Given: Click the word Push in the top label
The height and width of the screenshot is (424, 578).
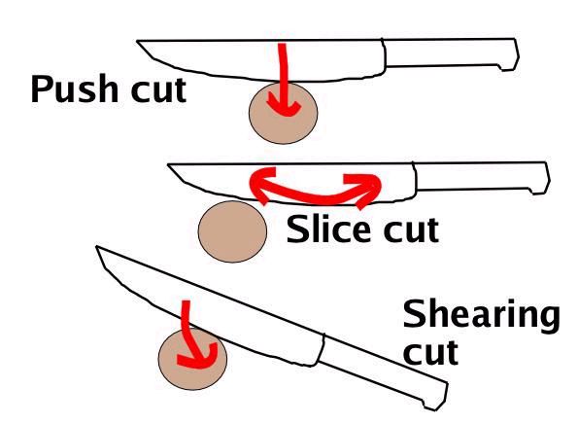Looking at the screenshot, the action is [x=75, y=88].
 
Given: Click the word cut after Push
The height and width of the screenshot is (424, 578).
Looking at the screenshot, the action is [x=158, y=90].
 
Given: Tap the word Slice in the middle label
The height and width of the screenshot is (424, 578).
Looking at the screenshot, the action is [x=328, y=229].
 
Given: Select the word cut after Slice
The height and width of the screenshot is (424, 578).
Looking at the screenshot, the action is [x=411, y=230].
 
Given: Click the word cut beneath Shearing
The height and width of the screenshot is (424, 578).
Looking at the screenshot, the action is [x=430, y=352].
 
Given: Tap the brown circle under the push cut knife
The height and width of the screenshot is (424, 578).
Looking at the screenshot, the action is [x=283, y=113].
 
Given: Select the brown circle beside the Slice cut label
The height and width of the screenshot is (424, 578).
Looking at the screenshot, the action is [x=232, y=231].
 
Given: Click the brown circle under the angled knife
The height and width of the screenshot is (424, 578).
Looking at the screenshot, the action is [x=192, y=359].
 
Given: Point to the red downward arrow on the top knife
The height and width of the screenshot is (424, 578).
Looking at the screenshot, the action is [x=283, y=80].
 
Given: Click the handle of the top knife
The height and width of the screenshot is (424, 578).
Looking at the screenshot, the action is [x=451, y=53].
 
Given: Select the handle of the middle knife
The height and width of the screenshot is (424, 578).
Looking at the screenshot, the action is [x=482, y=177].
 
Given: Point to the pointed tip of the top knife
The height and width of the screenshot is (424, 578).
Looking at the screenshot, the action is [x=137, y=41].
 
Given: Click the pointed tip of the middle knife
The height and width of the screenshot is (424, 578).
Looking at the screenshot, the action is [x=168, y=164].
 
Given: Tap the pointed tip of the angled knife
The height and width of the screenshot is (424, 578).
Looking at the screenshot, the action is [x=96, y=246].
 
